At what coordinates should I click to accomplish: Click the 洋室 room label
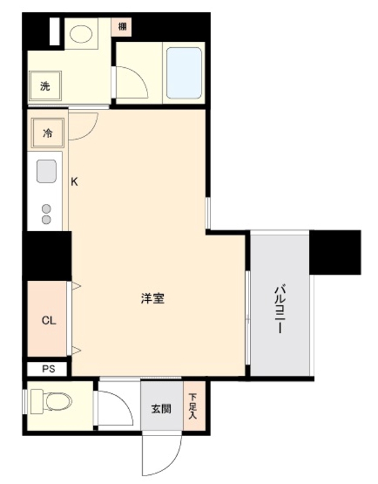click(154, 298)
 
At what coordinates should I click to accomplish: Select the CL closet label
click(49, 321)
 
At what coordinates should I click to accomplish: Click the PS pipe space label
click(48, 368)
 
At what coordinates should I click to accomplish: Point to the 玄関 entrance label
click(161, 409)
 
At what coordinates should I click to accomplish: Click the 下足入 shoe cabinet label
click(192, 407)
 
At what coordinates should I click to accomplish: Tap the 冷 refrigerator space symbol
click(47, 133)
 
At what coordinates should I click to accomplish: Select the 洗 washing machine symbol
click(45, 86)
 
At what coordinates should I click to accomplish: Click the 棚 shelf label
click(122, 26)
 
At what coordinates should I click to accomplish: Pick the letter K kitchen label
click(74, 181)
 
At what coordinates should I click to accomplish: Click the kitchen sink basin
click(47, 171)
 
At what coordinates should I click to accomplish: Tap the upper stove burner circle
click(46, 208)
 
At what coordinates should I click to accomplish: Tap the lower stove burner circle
click(46, 220)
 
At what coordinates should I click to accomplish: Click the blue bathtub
click(184, 73)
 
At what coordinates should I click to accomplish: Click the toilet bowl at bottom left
click(54, 401)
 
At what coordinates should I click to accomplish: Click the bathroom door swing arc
click(132, 82)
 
